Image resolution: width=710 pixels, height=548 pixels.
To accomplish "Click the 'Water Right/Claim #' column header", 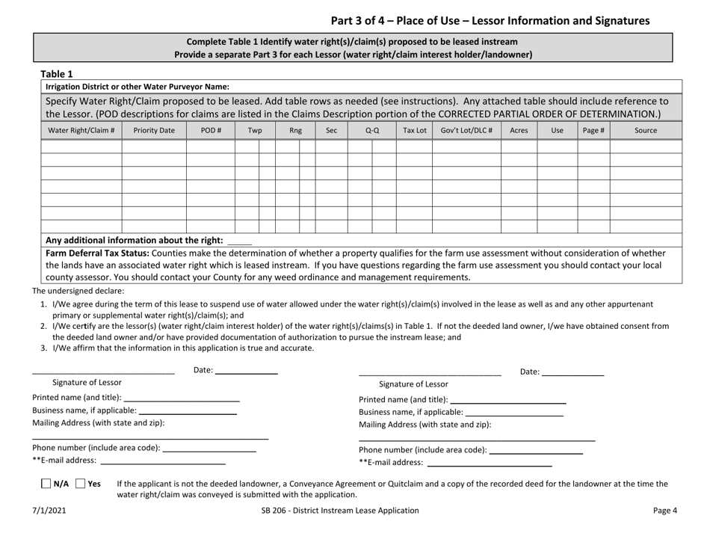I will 81,130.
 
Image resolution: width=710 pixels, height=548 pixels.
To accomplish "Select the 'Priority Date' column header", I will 154,130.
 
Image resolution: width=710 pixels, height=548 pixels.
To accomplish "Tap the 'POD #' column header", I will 210,130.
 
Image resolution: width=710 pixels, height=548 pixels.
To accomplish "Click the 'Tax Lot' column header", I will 414,130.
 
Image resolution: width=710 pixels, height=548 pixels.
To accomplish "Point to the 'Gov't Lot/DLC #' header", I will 466,130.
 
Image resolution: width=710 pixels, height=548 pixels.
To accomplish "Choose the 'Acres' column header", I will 518,130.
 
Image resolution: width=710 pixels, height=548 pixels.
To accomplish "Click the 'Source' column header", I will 646,130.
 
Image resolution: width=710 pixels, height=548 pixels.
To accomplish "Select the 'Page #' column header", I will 593,130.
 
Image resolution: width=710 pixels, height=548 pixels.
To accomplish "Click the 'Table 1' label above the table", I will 57,73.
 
